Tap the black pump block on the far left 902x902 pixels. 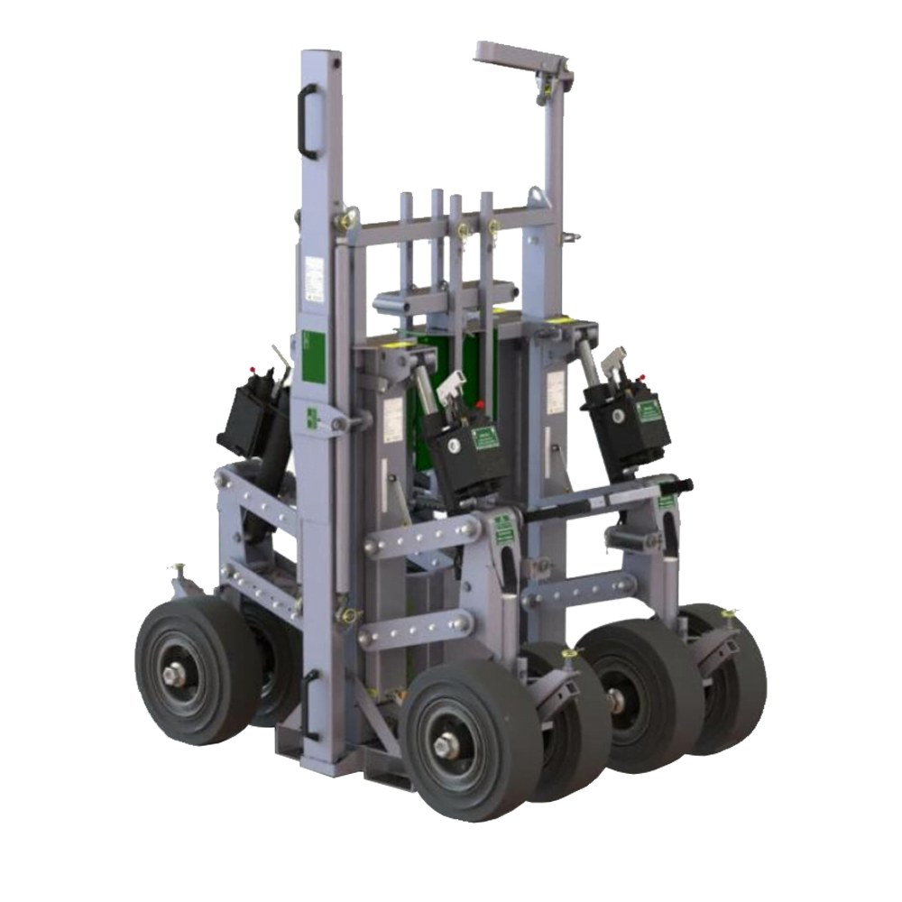(x=248, y=415)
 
